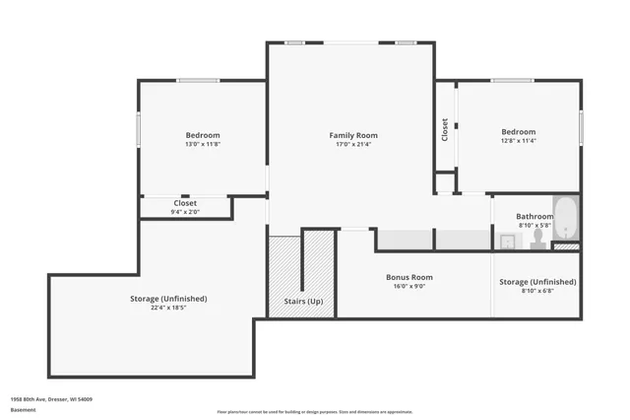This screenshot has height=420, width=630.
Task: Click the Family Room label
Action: coord(352,135)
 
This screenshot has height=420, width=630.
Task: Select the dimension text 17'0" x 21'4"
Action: coord(352,144)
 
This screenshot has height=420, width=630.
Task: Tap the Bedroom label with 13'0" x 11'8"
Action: coord(203,135)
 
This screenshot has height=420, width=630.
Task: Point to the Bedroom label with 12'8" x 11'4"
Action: coord(518,131)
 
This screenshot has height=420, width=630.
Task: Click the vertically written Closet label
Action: coord(445,130)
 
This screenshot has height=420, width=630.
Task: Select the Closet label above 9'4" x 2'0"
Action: coord(185,203)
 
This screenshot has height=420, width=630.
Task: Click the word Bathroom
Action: coord(535,216)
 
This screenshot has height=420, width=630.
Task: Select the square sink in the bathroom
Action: coord(506,240)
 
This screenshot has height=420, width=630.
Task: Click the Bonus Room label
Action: coord(409,277)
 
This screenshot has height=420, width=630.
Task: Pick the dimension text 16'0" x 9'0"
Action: coord(409,287)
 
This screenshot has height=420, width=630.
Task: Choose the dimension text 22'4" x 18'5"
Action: coord(168,307)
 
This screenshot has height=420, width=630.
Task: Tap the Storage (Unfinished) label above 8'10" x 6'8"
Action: coord(537,282)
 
